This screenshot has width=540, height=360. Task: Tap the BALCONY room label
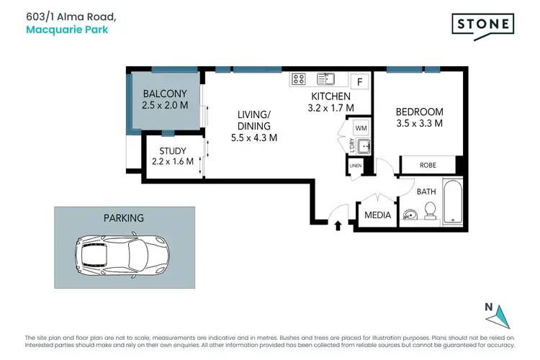165,99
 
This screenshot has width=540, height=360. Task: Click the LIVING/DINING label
254,126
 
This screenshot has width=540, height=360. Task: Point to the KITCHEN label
330,102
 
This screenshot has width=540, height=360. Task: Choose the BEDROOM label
419,117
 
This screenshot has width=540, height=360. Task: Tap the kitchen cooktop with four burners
299,79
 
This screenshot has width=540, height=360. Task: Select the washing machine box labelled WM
361,128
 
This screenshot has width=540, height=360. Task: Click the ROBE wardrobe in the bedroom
428,165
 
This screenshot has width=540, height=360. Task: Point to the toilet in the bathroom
431,210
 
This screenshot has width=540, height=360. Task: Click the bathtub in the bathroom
452,202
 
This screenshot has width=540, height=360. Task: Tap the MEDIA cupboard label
378,215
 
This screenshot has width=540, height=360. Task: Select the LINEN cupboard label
355,166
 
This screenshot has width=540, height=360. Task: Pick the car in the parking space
122,254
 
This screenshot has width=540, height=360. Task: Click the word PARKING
124,217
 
